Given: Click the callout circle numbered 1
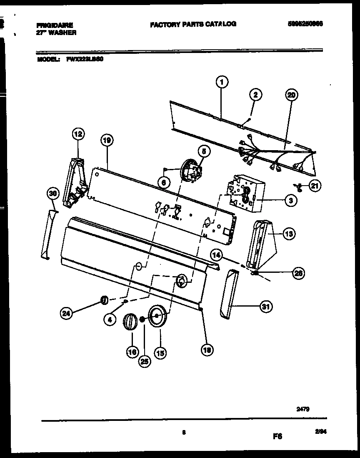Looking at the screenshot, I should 222,83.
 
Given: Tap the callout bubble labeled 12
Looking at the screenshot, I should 78,134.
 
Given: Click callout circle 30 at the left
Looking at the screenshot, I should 52,193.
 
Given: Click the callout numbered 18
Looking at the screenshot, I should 205,351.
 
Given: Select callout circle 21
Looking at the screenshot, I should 315,186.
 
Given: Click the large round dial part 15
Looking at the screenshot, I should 157,317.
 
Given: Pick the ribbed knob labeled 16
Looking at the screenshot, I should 130,323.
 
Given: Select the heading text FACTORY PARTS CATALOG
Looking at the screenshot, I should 193,24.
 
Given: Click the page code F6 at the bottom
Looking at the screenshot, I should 277,436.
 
